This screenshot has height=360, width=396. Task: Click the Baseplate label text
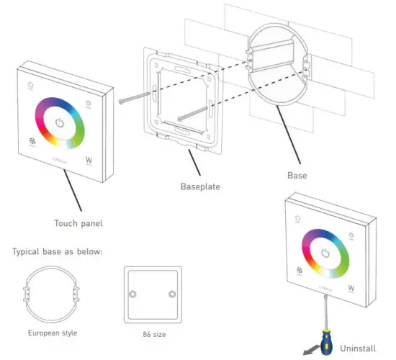(199, 186)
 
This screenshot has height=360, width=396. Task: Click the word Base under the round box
(297, 175)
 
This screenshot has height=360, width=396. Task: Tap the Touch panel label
(78, 223)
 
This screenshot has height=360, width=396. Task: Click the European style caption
(53, 333)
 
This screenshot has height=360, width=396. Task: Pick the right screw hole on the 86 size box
(171, 295)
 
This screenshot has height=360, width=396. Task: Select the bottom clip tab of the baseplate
(189, 148)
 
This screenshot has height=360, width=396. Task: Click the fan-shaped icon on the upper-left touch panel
(32, 143)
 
